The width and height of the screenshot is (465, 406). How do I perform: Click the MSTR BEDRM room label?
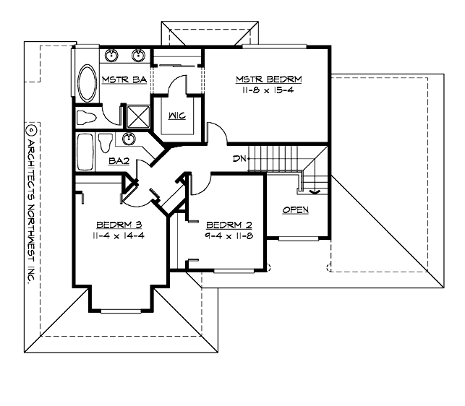268,79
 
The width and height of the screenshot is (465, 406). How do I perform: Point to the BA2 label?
119,162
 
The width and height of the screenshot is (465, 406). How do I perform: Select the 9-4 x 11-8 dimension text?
227,236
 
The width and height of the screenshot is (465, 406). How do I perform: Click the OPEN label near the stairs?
295,210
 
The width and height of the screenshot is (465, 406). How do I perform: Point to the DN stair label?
240,158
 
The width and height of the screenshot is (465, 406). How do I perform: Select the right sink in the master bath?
137,55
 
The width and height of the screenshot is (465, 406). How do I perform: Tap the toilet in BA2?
106,142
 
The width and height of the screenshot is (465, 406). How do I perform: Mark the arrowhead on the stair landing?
314,193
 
